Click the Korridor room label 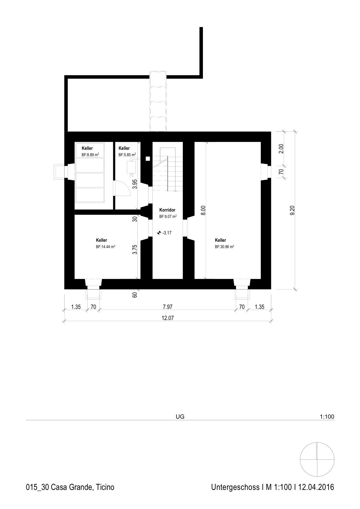coord(167,210)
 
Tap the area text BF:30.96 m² coord(225,247)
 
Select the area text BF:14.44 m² coord(105,247)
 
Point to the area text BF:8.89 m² coord(90,155)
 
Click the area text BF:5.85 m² coord(127,155)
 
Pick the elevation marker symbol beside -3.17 coord(159,233)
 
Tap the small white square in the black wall coord(148,159)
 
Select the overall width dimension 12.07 coord(168,318)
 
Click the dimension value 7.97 coord(168,307)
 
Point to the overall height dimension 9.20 coord(292,210)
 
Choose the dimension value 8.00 coord(203,210)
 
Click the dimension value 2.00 coord(281,149)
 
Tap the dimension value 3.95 coord(135,184)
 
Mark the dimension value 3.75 coord(135,249)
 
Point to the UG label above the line coord(180,416)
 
